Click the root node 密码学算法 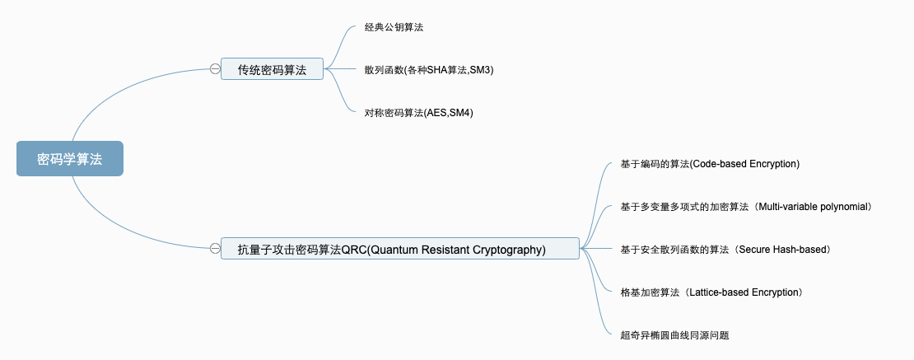tap(70, 159)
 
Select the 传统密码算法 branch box tap(272, 70)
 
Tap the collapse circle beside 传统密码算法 tap(215, 70)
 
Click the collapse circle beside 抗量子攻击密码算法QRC tap(215, 248)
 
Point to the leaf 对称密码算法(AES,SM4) tap(418, 113)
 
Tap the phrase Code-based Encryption tap(745, 164)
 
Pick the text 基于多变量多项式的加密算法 tap(683, 207)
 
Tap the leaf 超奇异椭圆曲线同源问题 tap(675, 334)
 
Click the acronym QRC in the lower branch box tap(353, 249)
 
